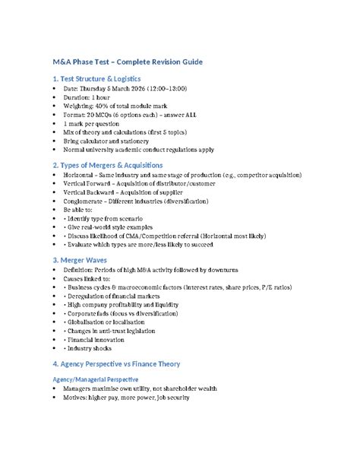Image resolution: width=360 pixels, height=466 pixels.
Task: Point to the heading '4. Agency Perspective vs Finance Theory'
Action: click(x=125, y=363)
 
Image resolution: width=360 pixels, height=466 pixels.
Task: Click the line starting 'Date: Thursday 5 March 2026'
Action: click(x=125, y=88)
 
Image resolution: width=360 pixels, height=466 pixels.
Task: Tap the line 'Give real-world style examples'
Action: click(x=118, y=227)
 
